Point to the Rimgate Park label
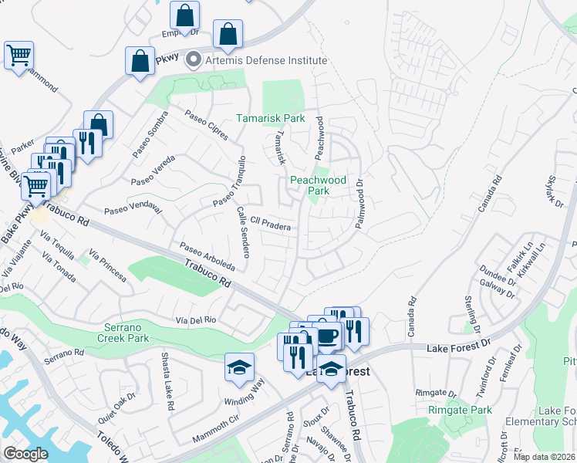tap(460, 411)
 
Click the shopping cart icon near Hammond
tap(19, 56)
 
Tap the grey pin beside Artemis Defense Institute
tap(194, 59)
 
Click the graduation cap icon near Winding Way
tap(240, 367)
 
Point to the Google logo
tap(25, 454)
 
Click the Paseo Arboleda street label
tap(207, 258)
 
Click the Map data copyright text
tap(544, 457)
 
